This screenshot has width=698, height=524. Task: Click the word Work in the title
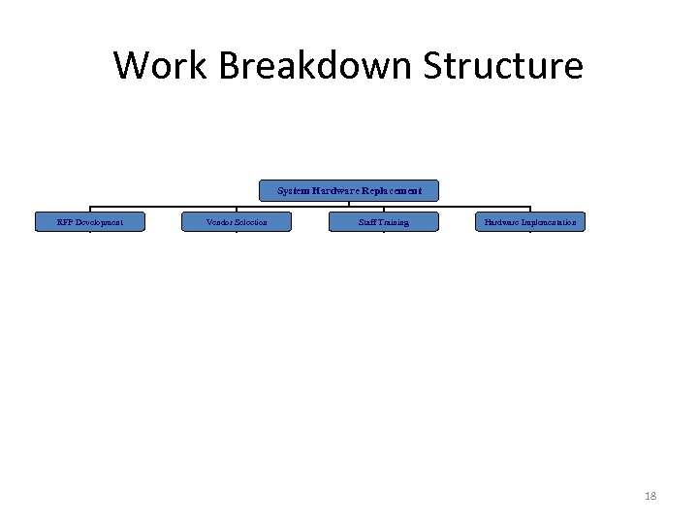[x=162, y=66]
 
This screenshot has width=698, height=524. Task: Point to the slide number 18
[x=650, y=496]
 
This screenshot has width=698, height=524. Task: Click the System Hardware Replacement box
[x=349, y=191]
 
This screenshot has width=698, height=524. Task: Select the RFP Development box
[x=90, y=222]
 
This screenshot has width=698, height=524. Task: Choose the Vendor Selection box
[x=237, y=222]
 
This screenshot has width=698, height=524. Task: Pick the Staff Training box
[x=384, y=222]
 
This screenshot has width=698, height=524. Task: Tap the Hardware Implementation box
[x=530, y=222]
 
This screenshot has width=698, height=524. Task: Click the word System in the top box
[x=292, y=191]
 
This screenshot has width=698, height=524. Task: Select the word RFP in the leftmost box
[x=65, y=222]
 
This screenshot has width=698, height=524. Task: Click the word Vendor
[x=220, y=222]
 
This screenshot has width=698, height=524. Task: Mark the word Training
[x=394, y=222]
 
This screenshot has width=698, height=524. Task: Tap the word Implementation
[x=549, y=222]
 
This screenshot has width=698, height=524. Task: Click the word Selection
[x=250, y=222]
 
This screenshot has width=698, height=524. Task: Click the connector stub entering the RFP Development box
[x=90, y=209]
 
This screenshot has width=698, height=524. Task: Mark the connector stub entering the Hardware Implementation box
[x=530, y=209]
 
